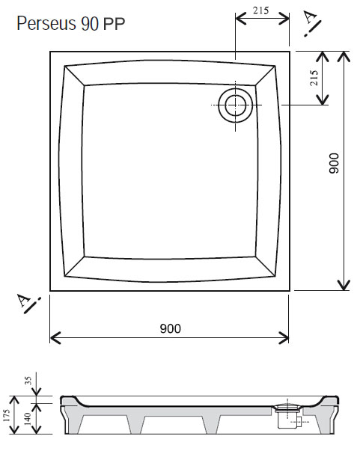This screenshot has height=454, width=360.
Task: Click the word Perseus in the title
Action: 46,23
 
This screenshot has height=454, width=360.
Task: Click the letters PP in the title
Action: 114,24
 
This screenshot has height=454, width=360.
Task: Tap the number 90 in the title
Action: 90,24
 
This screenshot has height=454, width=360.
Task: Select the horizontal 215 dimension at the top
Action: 261,10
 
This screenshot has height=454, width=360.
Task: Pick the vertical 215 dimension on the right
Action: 314,78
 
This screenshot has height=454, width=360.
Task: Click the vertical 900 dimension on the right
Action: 334,163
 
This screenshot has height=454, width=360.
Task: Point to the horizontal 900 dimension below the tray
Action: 171,328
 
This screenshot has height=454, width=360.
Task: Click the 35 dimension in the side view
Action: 28,381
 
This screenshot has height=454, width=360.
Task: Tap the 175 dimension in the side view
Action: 7,415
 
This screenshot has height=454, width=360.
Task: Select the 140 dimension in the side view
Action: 27,419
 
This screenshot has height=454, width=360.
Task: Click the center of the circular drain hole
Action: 235,105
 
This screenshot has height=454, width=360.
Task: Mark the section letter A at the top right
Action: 310,18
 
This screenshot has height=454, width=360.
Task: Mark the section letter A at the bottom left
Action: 23,300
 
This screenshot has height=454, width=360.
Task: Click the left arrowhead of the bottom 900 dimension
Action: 55,337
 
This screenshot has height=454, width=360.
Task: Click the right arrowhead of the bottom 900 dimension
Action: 284,337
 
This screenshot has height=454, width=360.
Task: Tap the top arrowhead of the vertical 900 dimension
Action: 344,56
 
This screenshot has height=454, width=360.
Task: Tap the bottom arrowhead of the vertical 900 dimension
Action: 344,285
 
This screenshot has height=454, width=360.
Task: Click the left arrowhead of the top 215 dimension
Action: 241,19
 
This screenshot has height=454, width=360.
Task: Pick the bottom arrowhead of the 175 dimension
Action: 14,429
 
